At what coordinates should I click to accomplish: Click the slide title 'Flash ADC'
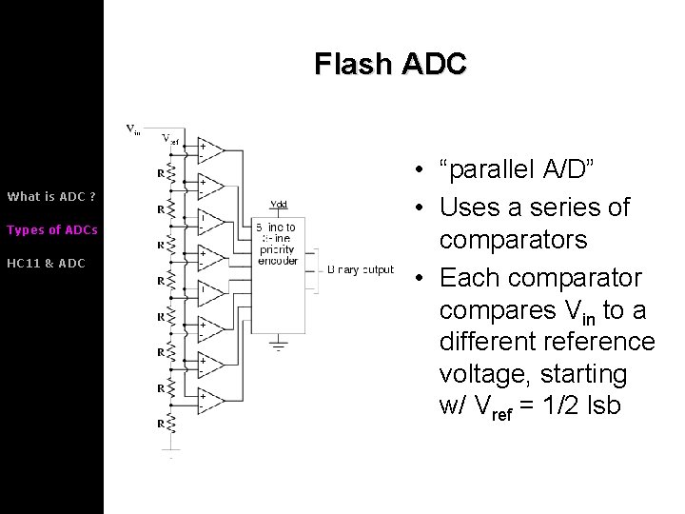coord(390,65)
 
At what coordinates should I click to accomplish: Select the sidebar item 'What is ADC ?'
coord(51,197)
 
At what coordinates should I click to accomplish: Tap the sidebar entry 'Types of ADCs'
coord(52,230)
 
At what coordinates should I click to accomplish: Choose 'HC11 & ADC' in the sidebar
coord(46,263)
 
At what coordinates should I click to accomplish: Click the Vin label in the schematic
coord(133,130)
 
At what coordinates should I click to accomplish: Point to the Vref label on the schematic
coord(170,139)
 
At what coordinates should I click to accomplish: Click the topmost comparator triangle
coord(209,150)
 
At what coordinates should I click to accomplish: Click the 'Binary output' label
coord(360,270)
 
